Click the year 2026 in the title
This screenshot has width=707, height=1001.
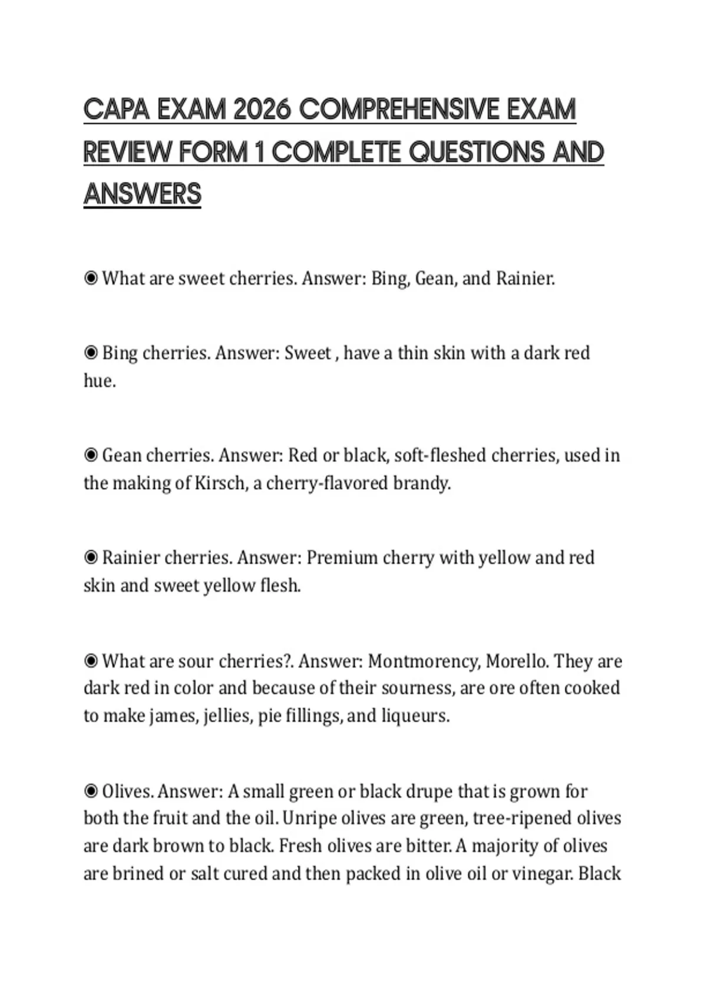(262, 110)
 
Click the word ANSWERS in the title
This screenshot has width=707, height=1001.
(142, 195)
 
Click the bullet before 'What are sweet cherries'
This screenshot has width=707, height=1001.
(91, 278)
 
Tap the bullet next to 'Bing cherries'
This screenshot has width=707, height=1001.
(91, 353)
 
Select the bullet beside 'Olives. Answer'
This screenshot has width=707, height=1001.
(91, 791)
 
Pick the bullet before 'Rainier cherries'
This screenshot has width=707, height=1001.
(91, 557)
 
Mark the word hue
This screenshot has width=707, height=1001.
(99, 381)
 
